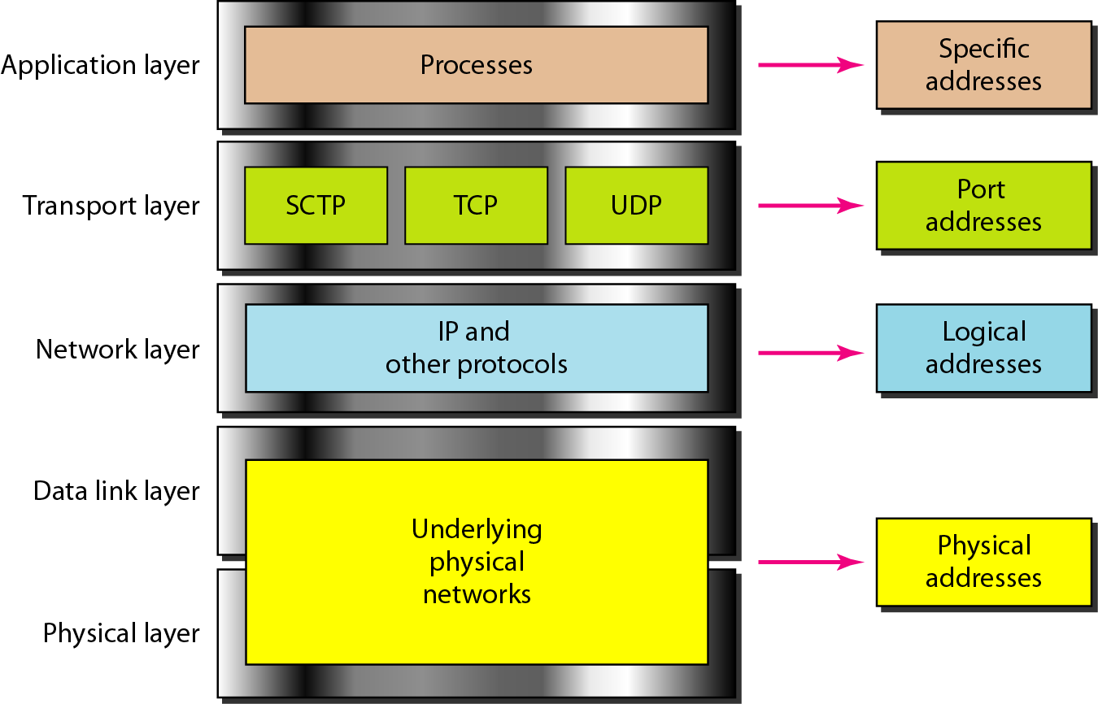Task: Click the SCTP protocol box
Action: coord(316,205)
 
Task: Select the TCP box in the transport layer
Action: coord(476,205)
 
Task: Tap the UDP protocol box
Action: coord(636,205)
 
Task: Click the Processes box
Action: coord(476,65)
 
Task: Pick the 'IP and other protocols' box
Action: coord(476,348)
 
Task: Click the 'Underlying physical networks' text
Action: coord(477,562)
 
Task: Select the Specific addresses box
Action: coord(983,65)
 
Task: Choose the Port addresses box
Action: coord(983,205)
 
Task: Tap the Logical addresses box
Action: coord(983,348)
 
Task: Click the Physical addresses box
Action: coord(983,562)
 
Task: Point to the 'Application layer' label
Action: coord(100,65)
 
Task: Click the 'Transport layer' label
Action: coord(111,206)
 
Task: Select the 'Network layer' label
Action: coord(117,350)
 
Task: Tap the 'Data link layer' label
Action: coord(116,491)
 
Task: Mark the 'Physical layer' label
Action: coord(121,632)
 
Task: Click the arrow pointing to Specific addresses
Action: coord(809,65)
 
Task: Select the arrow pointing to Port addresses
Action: coord(809,206)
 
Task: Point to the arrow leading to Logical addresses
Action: coord(809,353)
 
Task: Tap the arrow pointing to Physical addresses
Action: coord(809,562)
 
